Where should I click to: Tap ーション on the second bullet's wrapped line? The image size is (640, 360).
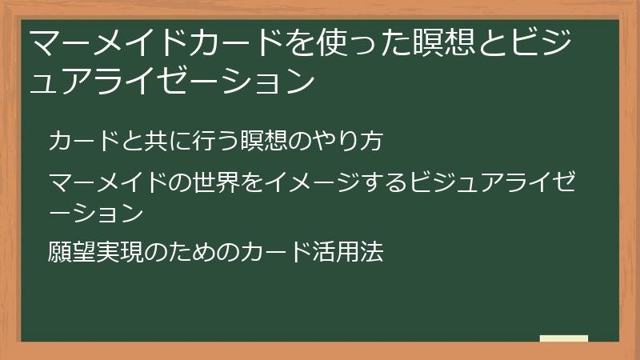click(x=96, y=213)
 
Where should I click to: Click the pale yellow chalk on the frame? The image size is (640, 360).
click(x=564, y=338)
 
